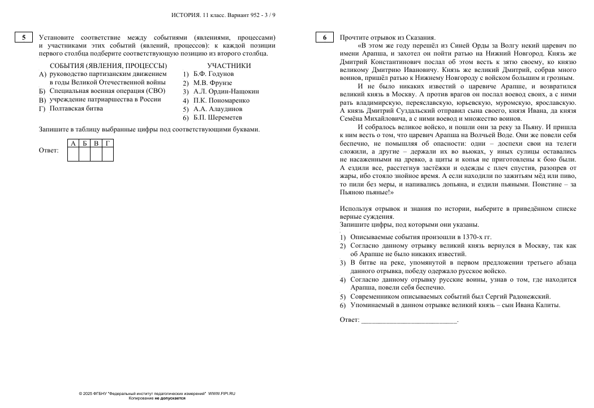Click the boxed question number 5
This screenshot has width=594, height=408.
23,37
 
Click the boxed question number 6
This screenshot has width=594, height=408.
324,37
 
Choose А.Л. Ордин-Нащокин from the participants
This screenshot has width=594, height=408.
226,91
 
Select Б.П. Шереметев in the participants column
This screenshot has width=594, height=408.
218,118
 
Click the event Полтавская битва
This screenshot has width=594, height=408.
77,108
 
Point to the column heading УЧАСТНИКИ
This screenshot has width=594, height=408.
229,65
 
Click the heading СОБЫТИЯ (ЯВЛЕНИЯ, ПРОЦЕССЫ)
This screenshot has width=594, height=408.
109,65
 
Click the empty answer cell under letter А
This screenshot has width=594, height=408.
73,154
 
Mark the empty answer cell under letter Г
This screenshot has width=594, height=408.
107,154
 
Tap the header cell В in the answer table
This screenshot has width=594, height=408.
96,143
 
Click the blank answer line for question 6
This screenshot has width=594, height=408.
408,320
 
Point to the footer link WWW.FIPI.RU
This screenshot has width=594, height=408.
222,393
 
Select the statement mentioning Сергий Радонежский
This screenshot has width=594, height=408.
450,296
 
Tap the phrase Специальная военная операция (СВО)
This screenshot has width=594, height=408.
107,91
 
